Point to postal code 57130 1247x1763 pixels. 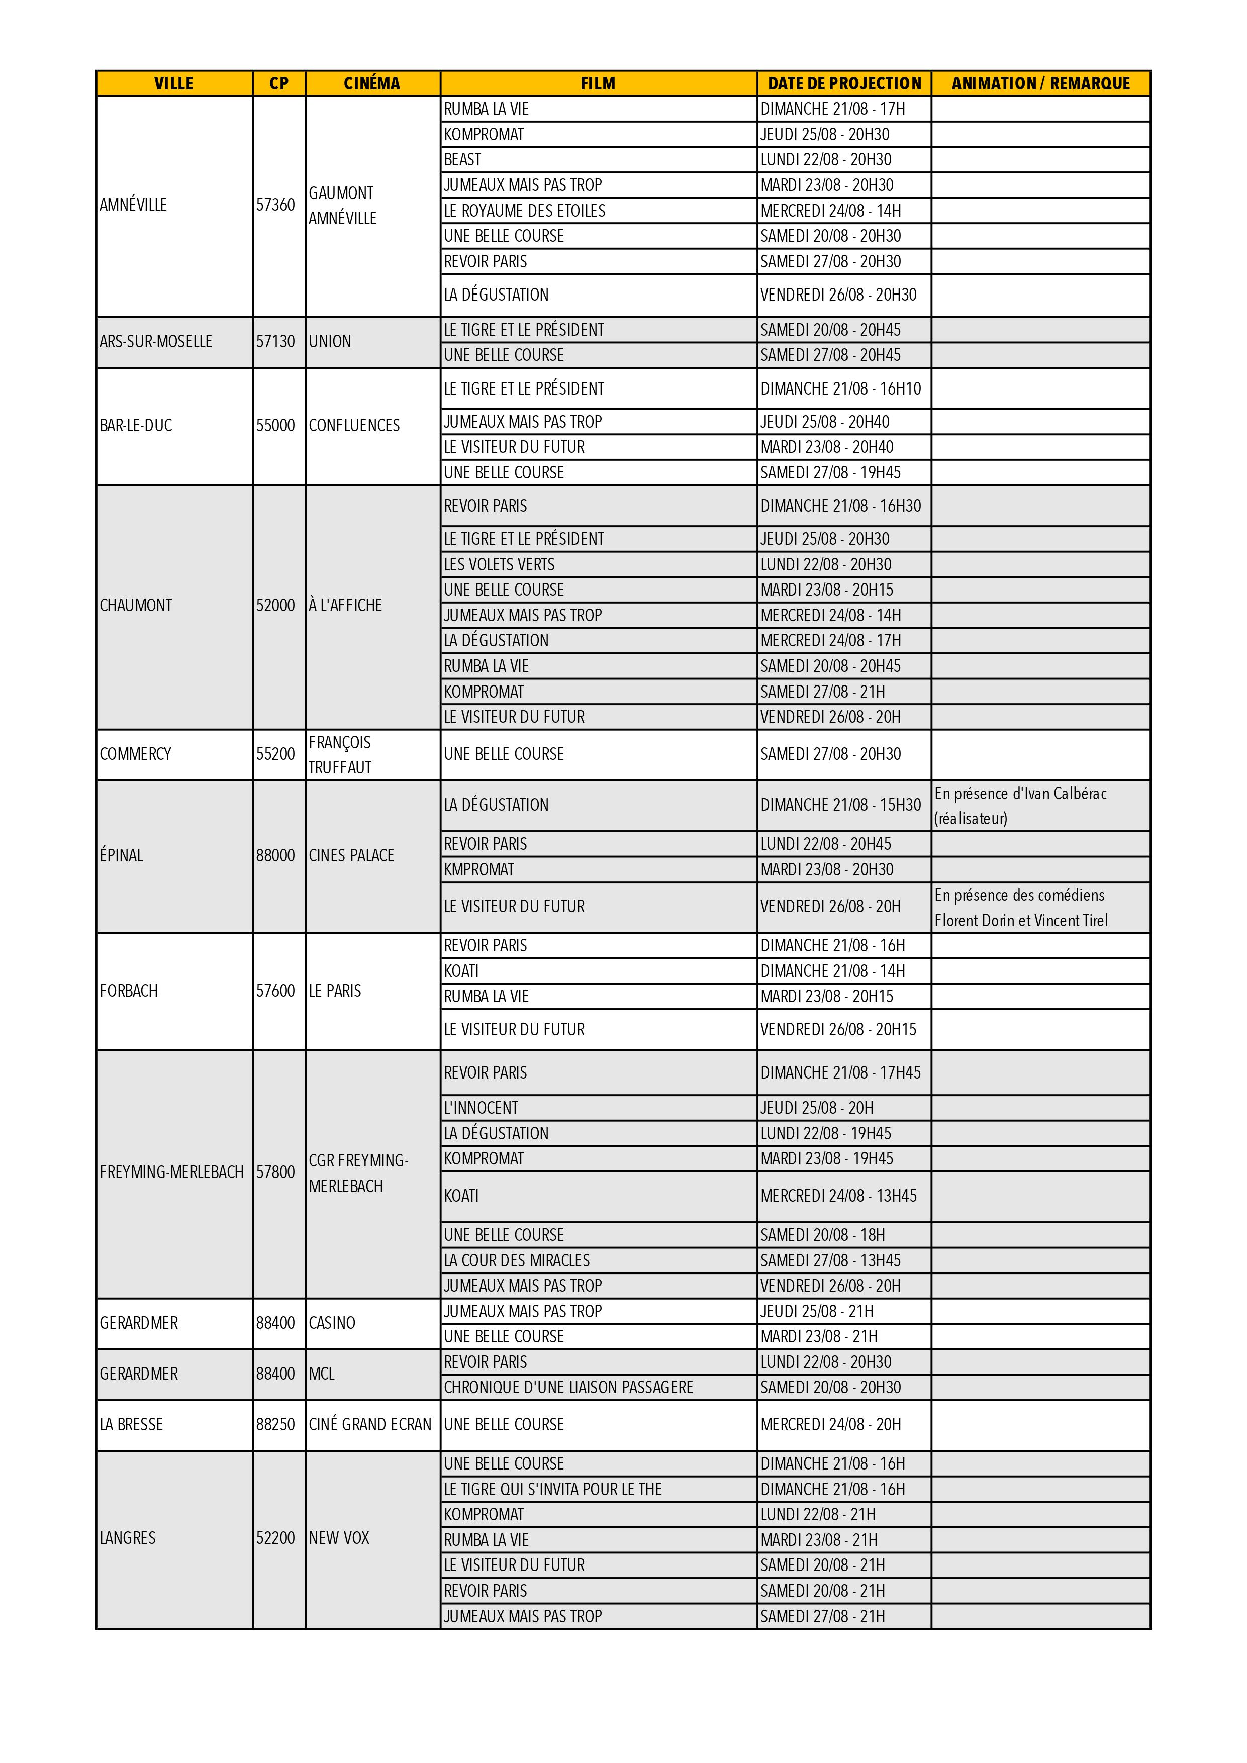coord(275,342)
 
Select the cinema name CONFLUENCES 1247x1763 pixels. coord(354,425)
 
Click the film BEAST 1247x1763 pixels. coord(462,160)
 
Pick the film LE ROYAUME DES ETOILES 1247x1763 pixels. coord(524,211)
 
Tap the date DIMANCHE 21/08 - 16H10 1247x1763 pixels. coord(840,388)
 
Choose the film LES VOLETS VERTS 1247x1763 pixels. coord(499,564)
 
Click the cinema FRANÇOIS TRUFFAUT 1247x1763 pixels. coord(340,755)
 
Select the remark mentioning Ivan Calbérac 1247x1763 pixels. coord(1020,806)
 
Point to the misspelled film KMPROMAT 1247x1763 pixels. coord(479,869)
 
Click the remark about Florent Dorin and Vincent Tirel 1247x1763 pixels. coord(1020,908)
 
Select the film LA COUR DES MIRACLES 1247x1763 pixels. coord(517,1260)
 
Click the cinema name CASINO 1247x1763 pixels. coord(332,1323)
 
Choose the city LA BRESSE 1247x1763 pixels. coord(131,1424)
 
